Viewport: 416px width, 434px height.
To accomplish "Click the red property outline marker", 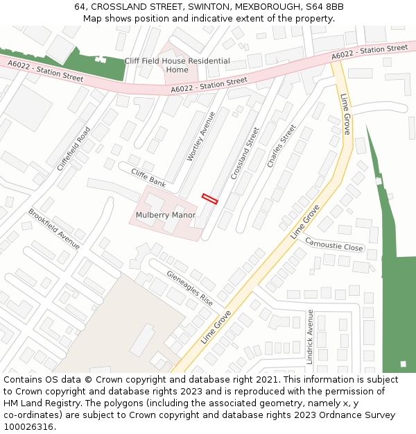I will point(209,199).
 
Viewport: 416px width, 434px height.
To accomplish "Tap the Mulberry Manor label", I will point(165,215).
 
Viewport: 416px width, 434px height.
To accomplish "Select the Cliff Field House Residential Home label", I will point(177,65).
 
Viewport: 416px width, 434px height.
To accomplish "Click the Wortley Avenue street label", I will point(201,136).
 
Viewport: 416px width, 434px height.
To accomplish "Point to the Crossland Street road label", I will point(244,153).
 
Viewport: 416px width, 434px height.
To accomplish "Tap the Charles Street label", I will point(281,146).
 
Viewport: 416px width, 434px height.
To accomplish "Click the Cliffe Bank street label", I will point(148,178).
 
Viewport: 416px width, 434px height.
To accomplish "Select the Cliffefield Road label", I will point(73,149).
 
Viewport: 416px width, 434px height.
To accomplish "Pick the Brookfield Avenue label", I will point(54,228).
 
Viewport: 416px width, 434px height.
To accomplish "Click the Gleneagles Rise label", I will point(189,289).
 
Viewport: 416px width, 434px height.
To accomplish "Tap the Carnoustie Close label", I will point(334,245).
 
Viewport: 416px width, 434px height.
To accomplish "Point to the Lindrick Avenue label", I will point(310,337).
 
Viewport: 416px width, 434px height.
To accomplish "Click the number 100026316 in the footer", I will point(29,427).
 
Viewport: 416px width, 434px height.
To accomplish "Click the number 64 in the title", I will point(80,7).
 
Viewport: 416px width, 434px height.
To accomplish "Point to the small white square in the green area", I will point(403,364).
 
